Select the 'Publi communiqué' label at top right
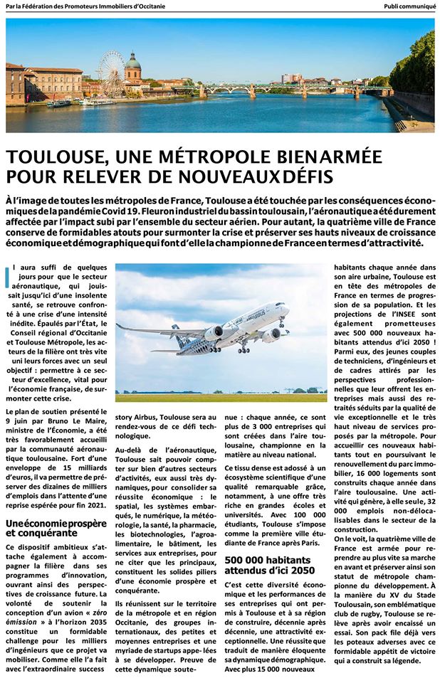[409, 6]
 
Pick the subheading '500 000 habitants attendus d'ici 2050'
[269, 564]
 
